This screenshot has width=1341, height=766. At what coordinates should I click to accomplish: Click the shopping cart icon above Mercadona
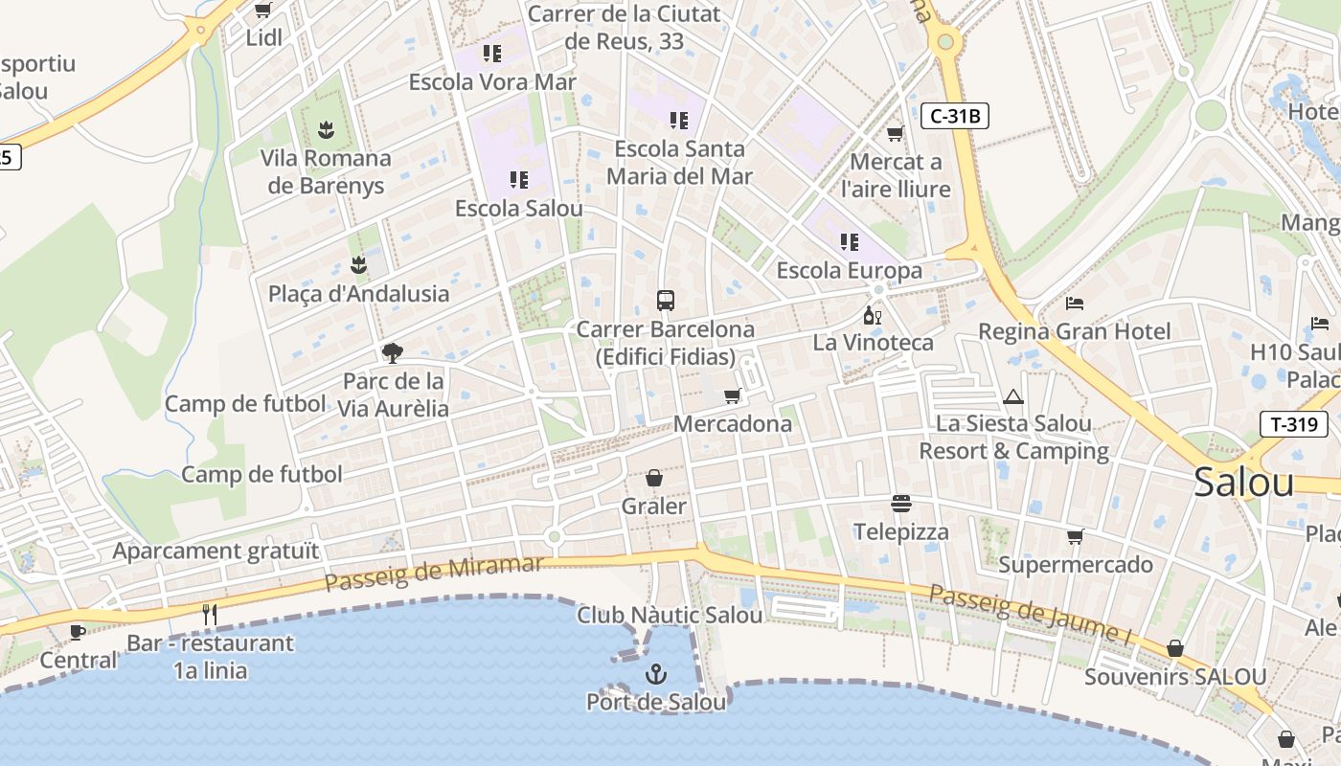[x=733, y=395]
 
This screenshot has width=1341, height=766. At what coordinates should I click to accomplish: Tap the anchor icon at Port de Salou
[x=655, y=674]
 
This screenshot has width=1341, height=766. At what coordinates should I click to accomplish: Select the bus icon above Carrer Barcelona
[x=666, y=301]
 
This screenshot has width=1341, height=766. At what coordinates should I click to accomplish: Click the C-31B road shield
[x=955, y=117]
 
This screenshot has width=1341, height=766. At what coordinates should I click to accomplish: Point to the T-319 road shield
[x=1293, y=424]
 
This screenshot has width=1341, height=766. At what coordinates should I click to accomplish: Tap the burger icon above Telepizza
[x=900, y=504]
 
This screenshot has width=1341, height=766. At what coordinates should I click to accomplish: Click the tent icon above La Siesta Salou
[x=1013, y=396]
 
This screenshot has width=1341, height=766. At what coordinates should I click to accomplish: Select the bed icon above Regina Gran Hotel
[x=1075, y=304]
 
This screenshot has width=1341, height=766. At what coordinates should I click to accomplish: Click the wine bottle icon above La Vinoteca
[x=872, y=315]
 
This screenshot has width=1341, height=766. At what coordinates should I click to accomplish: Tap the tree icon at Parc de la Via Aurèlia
[x=392, y=353]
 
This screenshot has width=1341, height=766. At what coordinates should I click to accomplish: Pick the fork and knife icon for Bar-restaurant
[x=210, y=614]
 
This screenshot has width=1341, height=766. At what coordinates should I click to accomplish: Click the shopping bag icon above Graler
[x=654, y=478]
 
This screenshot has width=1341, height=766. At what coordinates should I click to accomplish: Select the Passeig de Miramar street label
[x=434, y=572]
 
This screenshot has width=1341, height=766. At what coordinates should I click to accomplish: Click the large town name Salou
[x=1243, y=483]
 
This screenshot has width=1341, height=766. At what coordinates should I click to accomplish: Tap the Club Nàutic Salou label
[x=670, y=615]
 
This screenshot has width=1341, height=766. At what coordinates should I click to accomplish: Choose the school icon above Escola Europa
[x=849, y=242]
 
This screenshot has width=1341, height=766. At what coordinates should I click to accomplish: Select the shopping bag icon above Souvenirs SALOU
[x=1175, y=649]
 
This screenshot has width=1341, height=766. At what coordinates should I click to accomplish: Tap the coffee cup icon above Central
[x=78, y=632]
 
